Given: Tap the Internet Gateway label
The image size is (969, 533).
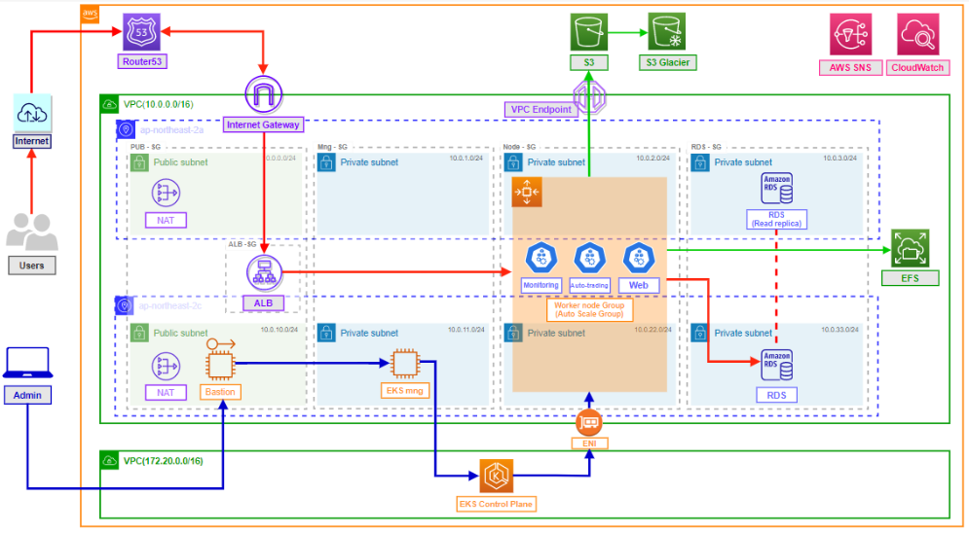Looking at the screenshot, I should tap(263, 124).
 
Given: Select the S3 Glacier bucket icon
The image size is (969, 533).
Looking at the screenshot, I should tap(667, 32).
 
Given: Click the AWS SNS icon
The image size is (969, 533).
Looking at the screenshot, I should tap(850, 34).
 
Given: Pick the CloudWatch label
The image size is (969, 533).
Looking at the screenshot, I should tap(917, 68).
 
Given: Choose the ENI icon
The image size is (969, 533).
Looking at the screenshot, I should tap(589, 422).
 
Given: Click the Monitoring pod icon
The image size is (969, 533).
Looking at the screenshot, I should tap(540, 258).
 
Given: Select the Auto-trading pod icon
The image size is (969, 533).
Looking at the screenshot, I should tap(589, 258).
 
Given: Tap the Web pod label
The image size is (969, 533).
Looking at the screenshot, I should tap(638, 285).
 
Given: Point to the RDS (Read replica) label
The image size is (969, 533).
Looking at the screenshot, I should tap(776, 218).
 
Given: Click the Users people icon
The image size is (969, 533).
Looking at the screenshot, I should tap(31, 232).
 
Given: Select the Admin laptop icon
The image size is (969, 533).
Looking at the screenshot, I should tap(27, 362).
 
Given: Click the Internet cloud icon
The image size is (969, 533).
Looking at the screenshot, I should tap(31, 112).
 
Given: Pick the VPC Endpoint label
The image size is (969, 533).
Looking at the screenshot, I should tap(540, 110).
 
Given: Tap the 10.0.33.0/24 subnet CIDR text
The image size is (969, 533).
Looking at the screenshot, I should tap(840, 331).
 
